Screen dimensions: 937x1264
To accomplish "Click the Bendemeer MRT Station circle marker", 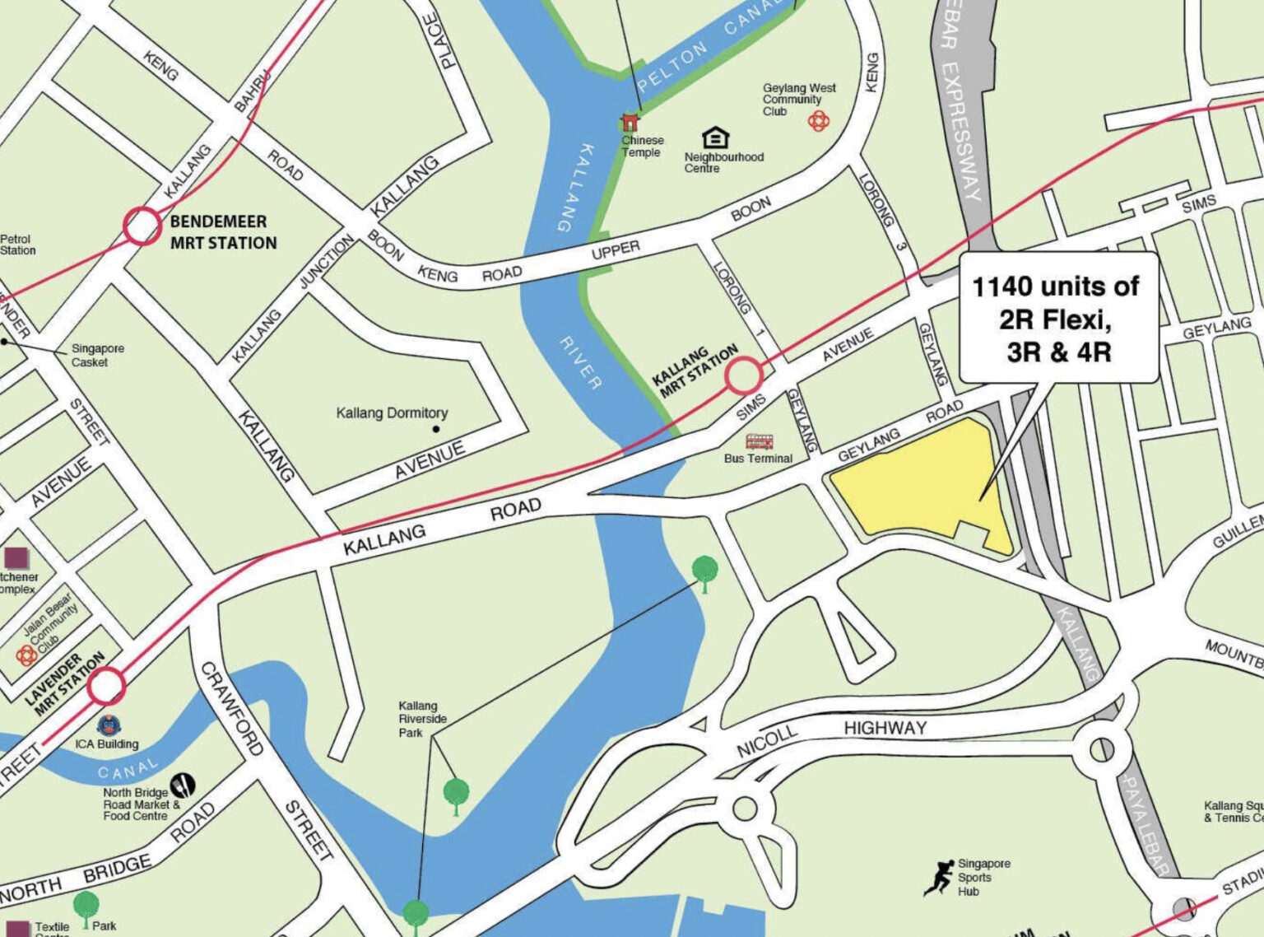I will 142,226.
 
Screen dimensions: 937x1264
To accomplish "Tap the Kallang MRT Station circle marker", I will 743,375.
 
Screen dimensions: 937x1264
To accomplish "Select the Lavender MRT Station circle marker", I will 106,686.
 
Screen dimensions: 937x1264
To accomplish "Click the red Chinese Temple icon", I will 630,123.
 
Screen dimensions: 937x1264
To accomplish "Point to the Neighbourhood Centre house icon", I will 715,138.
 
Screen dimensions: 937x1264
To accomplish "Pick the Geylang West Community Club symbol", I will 818,122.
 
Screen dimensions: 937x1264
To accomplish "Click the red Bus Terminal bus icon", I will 759,442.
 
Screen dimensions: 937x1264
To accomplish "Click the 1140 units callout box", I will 1058,318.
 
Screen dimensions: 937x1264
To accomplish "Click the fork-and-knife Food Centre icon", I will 183,785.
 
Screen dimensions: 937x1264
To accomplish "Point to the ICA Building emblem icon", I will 109,725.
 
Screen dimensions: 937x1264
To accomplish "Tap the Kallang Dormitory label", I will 392,413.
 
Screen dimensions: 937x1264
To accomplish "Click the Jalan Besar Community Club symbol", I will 26,655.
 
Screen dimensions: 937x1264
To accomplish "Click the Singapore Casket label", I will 97,355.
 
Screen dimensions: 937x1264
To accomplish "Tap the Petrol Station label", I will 17,245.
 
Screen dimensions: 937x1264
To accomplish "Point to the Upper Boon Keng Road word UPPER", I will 615,250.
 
